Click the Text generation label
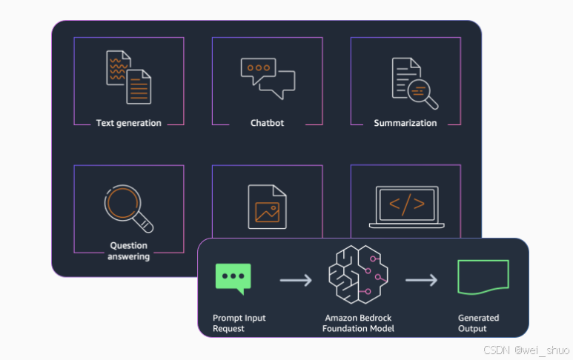point(128,123)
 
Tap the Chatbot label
point(267,123)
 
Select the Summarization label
point(405,123)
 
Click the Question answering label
point(128,251)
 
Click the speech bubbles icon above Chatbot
point(268,78)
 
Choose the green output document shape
point(483,275)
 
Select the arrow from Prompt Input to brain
point(295,281)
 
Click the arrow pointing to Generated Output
point(421,281)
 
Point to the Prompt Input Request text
point(239,323)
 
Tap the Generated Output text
point(478,323)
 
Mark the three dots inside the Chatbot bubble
point(259,68)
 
